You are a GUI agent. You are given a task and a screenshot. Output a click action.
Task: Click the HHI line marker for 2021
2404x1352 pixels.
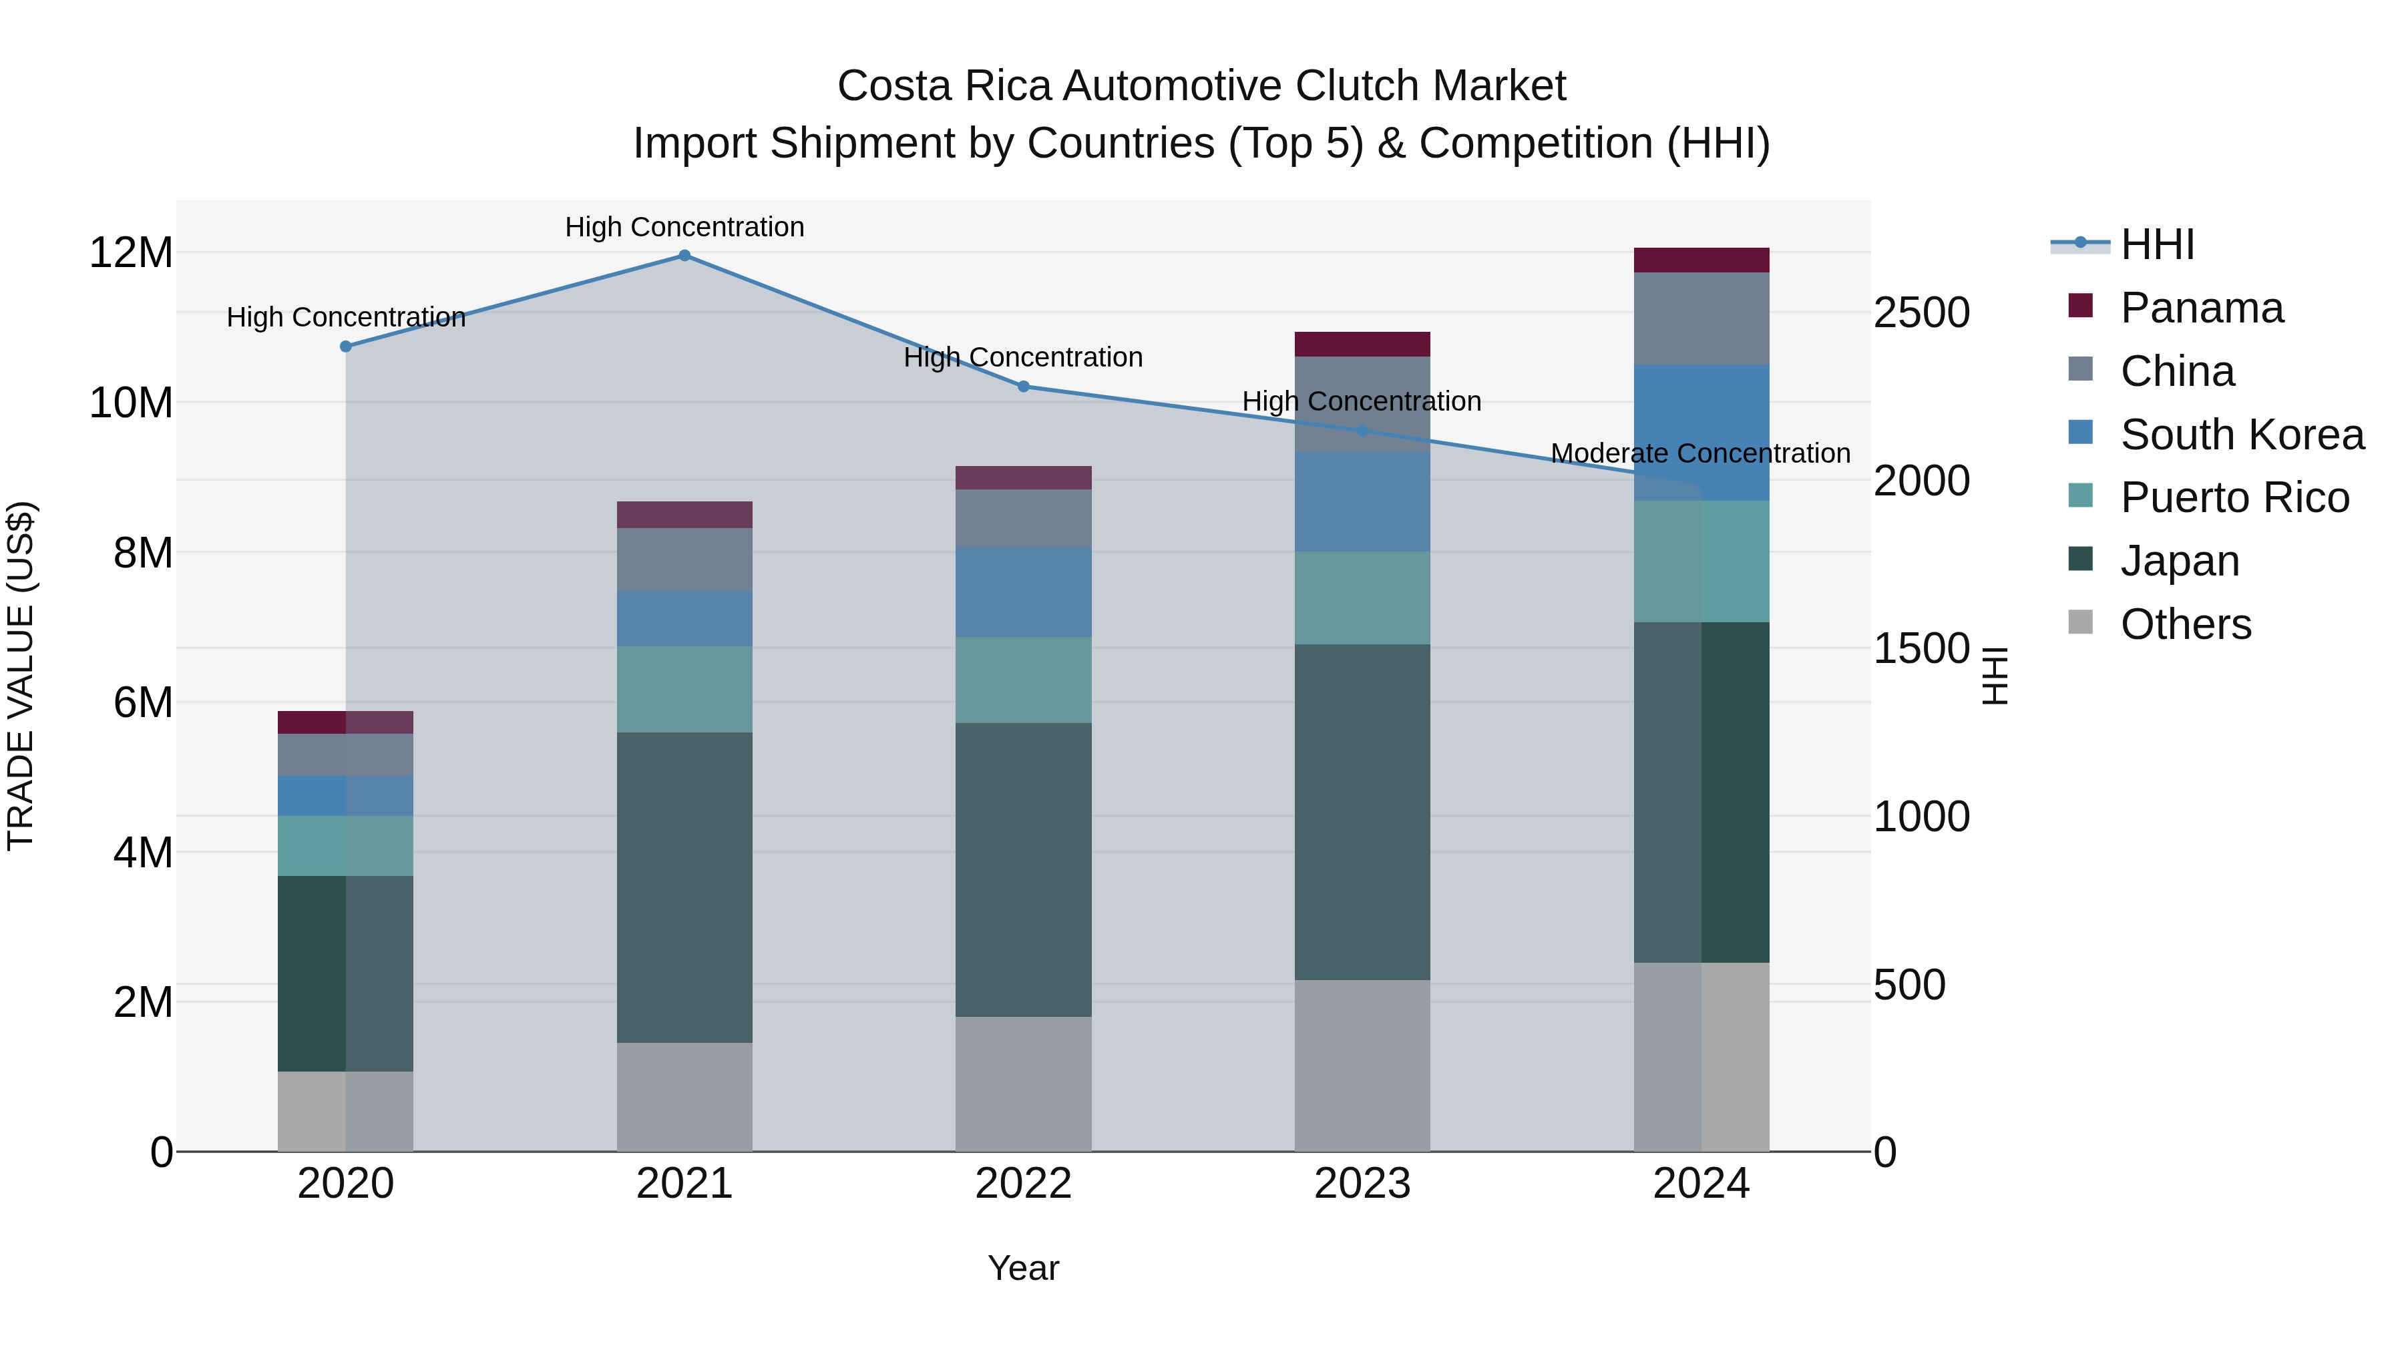click(x=684, y=256)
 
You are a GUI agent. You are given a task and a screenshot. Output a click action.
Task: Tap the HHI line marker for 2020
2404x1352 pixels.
click(x=345, y=346)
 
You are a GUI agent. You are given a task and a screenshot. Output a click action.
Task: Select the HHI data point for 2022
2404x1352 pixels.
click(x=1023, y=387)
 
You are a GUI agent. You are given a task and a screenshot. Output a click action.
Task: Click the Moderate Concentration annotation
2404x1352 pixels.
click(x=1699, y=453)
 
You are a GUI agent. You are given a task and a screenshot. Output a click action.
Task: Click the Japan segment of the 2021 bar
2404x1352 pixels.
click(x=684, y=887)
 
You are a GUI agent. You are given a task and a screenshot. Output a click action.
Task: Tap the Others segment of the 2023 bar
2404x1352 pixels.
click(x=1362, y=1065)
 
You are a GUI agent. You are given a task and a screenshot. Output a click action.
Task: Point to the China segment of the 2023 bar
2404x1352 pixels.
click(x=1362, y=403)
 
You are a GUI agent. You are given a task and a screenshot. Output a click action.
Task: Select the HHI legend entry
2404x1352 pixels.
click(x=2157, y=244)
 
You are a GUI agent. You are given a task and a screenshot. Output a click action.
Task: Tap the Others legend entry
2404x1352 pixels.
click(x=2185, y=624)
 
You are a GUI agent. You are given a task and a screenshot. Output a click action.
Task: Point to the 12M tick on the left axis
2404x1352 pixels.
click(x=131, y=253)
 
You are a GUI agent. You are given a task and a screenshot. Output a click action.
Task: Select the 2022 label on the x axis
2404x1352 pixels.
click(x=1023, y=1184)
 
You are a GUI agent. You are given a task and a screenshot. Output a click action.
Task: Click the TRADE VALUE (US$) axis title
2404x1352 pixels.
click(x=21, y=676)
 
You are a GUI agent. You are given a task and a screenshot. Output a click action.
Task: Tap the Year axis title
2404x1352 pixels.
click(x=1023, y=1268)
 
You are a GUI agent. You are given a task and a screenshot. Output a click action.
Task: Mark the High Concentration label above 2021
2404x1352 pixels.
click(x=684, y=227)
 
